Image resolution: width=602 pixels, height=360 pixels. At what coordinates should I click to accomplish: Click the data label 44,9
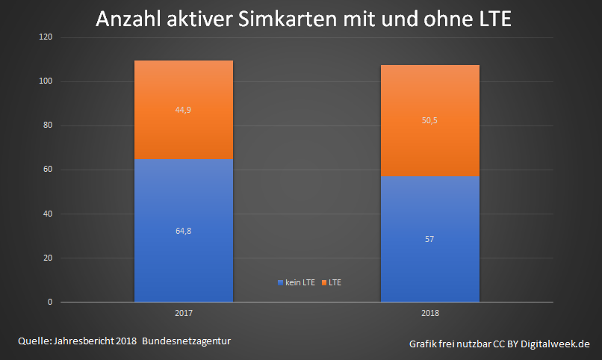(x=183, y=110)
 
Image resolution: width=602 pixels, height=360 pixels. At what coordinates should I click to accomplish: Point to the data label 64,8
(x=183, y=232)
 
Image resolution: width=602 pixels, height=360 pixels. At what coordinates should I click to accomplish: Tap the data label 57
(x=429, y=240)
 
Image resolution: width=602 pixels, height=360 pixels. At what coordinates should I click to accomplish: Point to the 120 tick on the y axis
(x=46, y=37)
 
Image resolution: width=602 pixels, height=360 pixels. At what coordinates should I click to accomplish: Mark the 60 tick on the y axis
(x=48, y=170)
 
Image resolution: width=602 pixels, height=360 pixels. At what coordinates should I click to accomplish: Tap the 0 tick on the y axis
(x=50, y=302)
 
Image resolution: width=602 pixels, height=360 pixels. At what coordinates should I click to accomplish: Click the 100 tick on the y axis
(x=46, y=81)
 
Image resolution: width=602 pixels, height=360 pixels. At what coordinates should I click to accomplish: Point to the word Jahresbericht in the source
(x=80, y=341)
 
